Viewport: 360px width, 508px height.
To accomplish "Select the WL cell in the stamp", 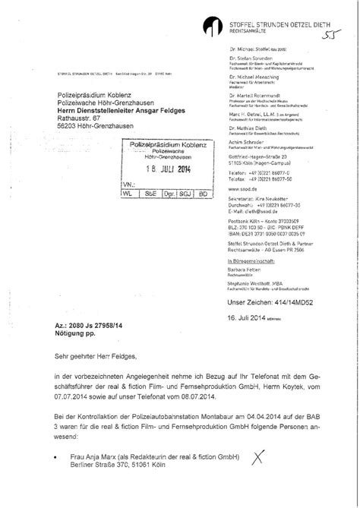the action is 127,193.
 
